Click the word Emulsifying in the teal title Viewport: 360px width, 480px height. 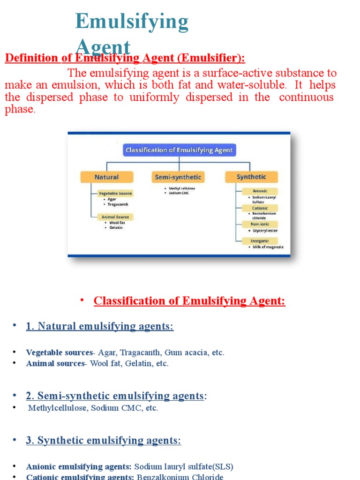tap(132, 22)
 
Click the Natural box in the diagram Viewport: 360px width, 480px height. tap(107, 177)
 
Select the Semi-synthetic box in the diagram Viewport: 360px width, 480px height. tap(178, 177)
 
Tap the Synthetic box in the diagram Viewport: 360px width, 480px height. tap(251, 177)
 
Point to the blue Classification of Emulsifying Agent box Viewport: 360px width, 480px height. tap(179, 150)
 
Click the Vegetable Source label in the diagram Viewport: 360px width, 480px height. tap(115, 193)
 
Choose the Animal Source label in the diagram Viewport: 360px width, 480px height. tap(115, 217)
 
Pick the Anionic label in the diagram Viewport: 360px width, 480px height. tap(259, 191)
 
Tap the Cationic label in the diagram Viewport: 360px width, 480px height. tap(259, 208)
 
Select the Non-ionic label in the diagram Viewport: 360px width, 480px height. tap(259, 224)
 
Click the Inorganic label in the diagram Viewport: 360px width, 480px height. tap(259, 241)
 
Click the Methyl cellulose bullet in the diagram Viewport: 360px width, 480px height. tap(182, 188)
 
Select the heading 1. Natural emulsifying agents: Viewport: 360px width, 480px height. tap(100, 326)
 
